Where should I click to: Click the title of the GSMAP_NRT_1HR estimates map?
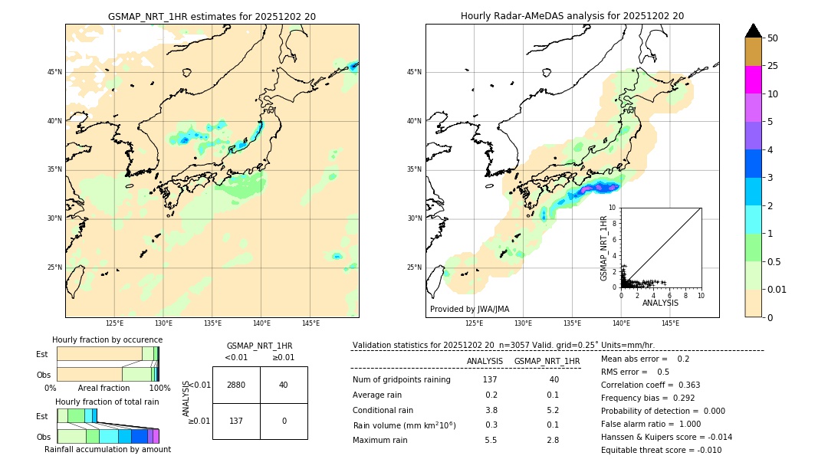212,16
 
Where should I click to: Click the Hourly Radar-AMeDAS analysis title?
572,16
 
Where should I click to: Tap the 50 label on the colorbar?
773,38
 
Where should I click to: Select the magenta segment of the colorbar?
753,80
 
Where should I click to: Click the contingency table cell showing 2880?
236,385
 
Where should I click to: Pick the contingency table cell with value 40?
284,385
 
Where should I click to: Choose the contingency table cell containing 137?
236,421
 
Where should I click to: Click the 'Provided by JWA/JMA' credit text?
469,309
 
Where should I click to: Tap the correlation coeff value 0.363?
683,385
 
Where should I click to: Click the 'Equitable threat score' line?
661,451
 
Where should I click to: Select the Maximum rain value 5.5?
491,440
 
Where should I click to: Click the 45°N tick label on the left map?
54,72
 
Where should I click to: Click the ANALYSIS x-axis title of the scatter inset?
660,303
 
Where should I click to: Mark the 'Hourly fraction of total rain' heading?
107,402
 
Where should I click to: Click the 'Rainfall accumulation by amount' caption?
107,450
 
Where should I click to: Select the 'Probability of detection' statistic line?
663,412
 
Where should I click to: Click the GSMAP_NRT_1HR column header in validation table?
547,361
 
